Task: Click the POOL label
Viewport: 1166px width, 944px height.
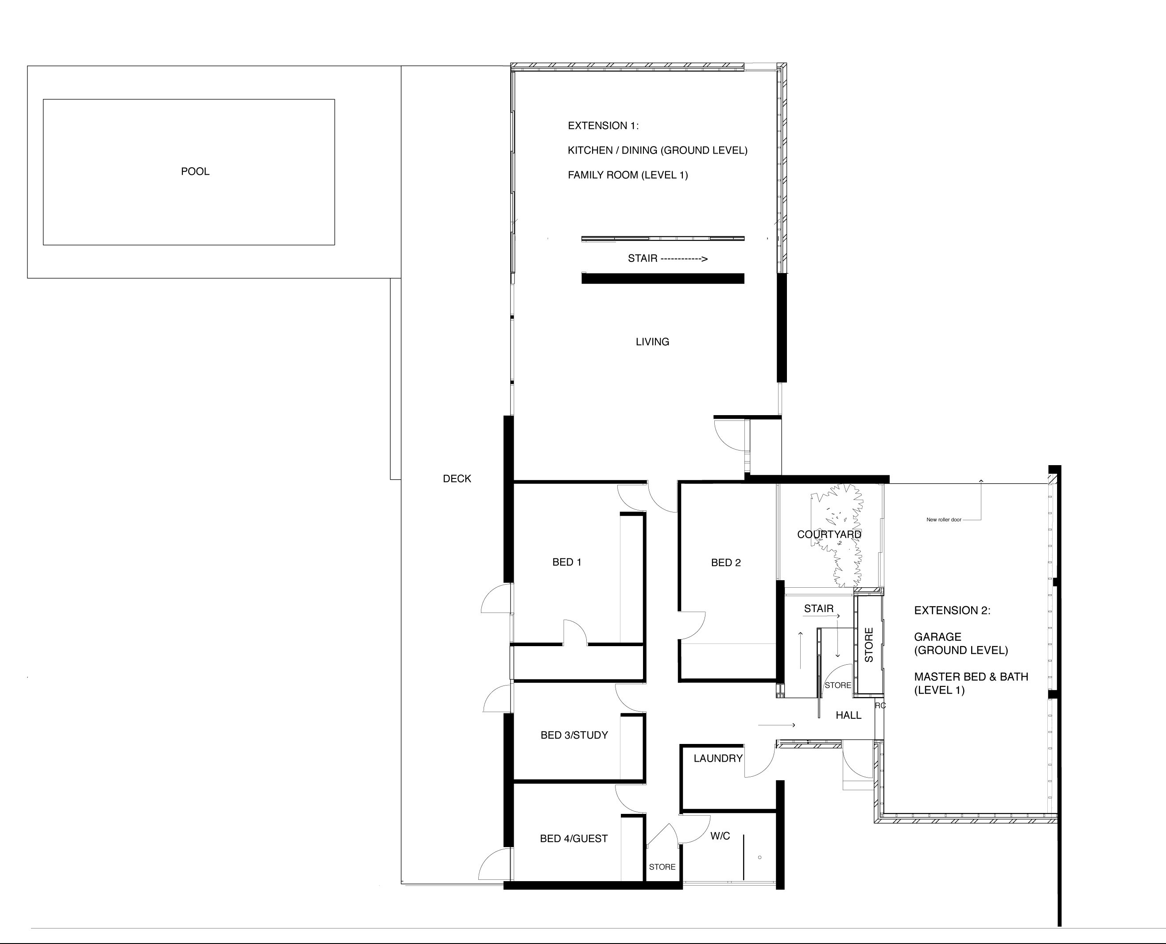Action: point(195,171)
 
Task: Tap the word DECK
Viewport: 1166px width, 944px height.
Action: point(457,478)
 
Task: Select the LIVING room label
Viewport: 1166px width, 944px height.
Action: point(652,342)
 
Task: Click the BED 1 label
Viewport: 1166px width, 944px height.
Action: point(567,562)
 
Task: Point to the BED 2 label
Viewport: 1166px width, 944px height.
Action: point(726,562)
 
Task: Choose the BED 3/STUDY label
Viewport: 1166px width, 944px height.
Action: point(574,735)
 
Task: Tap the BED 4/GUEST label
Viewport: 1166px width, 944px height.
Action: point(573,839)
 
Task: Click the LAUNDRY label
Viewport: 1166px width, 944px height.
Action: point(718,758)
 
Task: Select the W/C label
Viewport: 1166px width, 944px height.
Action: point(721,836)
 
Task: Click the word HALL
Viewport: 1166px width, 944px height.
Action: point(848,715)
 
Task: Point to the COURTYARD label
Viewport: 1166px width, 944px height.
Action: point(829,535)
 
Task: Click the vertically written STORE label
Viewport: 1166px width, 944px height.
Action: point(869,645)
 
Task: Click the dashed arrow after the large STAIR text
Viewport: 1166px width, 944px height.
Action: point(684,259)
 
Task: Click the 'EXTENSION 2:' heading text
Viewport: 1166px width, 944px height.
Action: point(952,610)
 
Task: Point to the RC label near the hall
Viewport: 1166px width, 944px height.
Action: point(880,705)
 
